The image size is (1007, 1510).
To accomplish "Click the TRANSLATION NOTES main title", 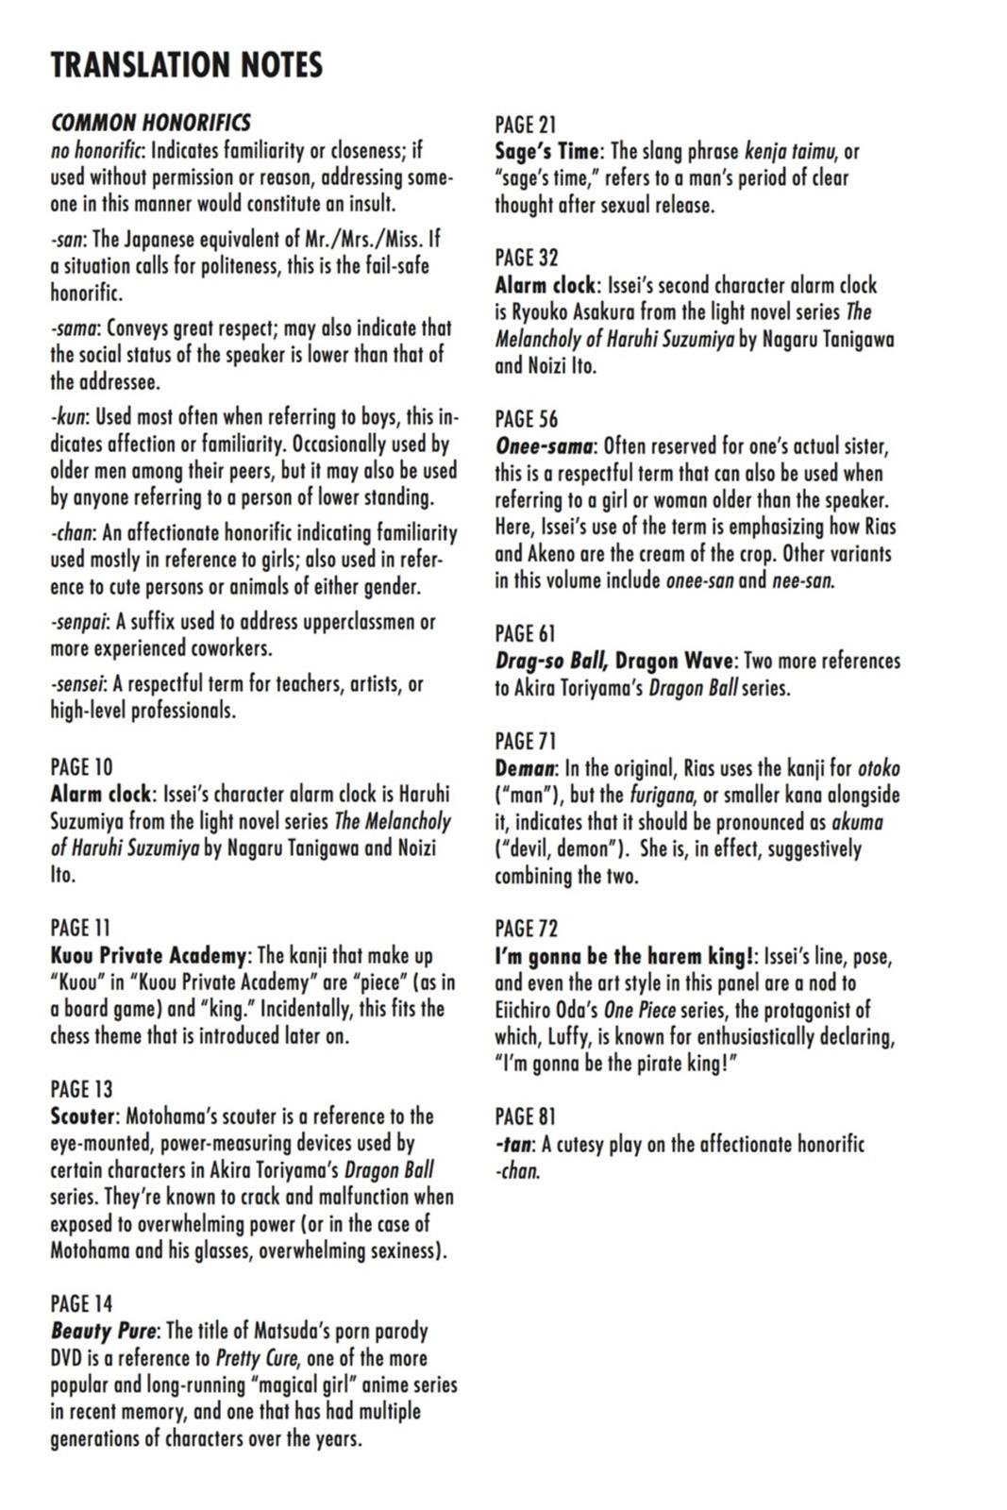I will [x=187, y=64].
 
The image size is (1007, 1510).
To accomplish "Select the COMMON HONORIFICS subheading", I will [x=151, y=123].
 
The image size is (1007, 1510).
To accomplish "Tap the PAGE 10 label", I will [x=81, y=766].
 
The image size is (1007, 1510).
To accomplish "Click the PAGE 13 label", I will [x=81, y=1089].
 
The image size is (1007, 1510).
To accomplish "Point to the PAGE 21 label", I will [x=526, y=124].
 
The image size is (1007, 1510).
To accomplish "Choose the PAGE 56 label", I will [x=527, y=418].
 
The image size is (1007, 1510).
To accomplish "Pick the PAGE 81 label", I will [x=526, y=1116].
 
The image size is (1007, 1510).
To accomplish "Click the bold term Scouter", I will [x=83, y=1116].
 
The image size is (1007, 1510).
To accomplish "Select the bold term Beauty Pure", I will [x=104, y=1332].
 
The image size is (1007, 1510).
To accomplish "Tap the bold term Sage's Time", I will [x=547, y=151].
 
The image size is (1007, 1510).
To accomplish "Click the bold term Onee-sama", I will [x=545, y=445].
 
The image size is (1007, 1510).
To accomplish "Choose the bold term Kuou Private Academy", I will [x=149, y=955].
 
